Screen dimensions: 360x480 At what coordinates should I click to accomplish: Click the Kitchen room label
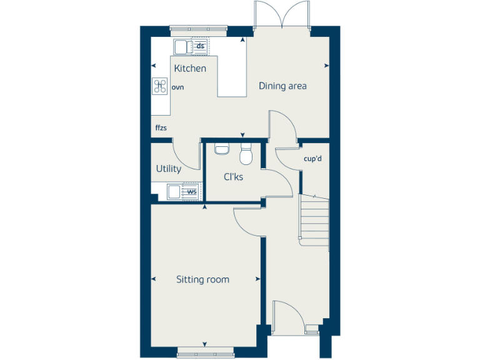[x=190, y=68]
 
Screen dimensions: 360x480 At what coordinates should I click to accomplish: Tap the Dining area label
[x=282, y=86]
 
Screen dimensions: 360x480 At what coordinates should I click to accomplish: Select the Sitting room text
[x=202, y=279]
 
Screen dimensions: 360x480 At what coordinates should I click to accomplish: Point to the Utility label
[x=169, y=169]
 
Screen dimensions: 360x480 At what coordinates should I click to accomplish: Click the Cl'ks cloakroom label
[x=234, y=177]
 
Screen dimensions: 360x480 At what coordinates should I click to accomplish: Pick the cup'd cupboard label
[x=312, y=159]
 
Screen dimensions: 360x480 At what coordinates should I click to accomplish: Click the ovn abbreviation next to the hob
[x=178, y=88]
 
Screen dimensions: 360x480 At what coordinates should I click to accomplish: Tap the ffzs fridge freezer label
[x=161, y=128]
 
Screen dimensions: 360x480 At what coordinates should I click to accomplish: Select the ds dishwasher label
[x=200, y=46]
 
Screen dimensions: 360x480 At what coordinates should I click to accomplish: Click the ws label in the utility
[x=192, y=192]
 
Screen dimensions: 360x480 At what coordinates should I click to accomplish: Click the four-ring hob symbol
[x=159, y=86]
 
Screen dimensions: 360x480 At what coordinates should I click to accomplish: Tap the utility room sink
[x=174, y=192]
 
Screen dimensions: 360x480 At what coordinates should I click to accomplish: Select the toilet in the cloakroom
[x=246, y=154]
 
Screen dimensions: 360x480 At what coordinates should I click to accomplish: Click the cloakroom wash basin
[x=221, y=149]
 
